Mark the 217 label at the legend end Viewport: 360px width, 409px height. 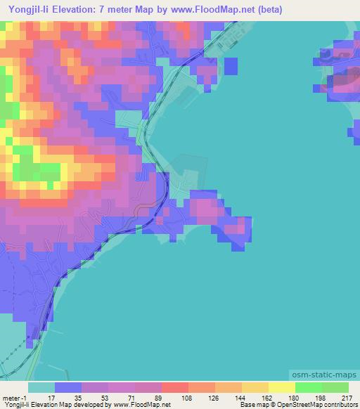(x=347, y=398)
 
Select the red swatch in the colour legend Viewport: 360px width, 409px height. (x=174, y=387)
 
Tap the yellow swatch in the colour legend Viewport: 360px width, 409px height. (x=281, y=387)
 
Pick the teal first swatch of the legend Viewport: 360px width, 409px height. (x=41, y=387)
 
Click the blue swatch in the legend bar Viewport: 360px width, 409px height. (x=68, y=387)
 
